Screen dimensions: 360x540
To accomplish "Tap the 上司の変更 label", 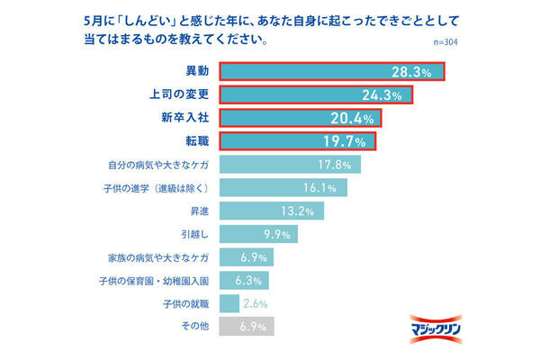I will [x=178, y=94].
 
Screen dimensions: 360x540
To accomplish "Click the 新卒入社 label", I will [x=184, y=118].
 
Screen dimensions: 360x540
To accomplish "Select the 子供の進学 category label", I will [x=157, y=188].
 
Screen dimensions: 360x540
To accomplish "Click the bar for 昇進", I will [x=271, y=211].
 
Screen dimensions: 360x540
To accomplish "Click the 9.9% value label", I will [x=277, y=235].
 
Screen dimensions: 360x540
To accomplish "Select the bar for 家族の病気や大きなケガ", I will [x=246, y=257].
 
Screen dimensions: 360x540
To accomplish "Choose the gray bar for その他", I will [x=246, y=327].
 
